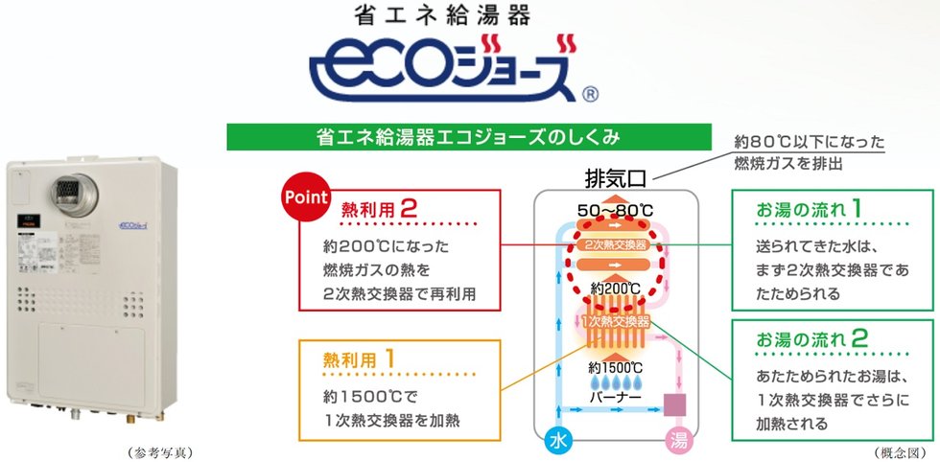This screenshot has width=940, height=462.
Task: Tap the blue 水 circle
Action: [x=558, y=441]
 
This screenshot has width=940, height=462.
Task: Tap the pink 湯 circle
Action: [x=678, y=441]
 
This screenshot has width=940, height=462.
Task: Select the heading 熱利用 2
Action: [x=380, y=207]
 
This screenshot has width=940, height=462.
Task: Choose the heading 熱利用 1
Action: [x=362, y=360]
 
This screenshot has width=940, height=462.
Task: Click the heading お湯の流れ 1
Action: [x=811, y=208]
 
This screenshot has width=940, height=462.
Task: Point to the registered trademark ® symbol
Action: [x=591, y=94]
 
